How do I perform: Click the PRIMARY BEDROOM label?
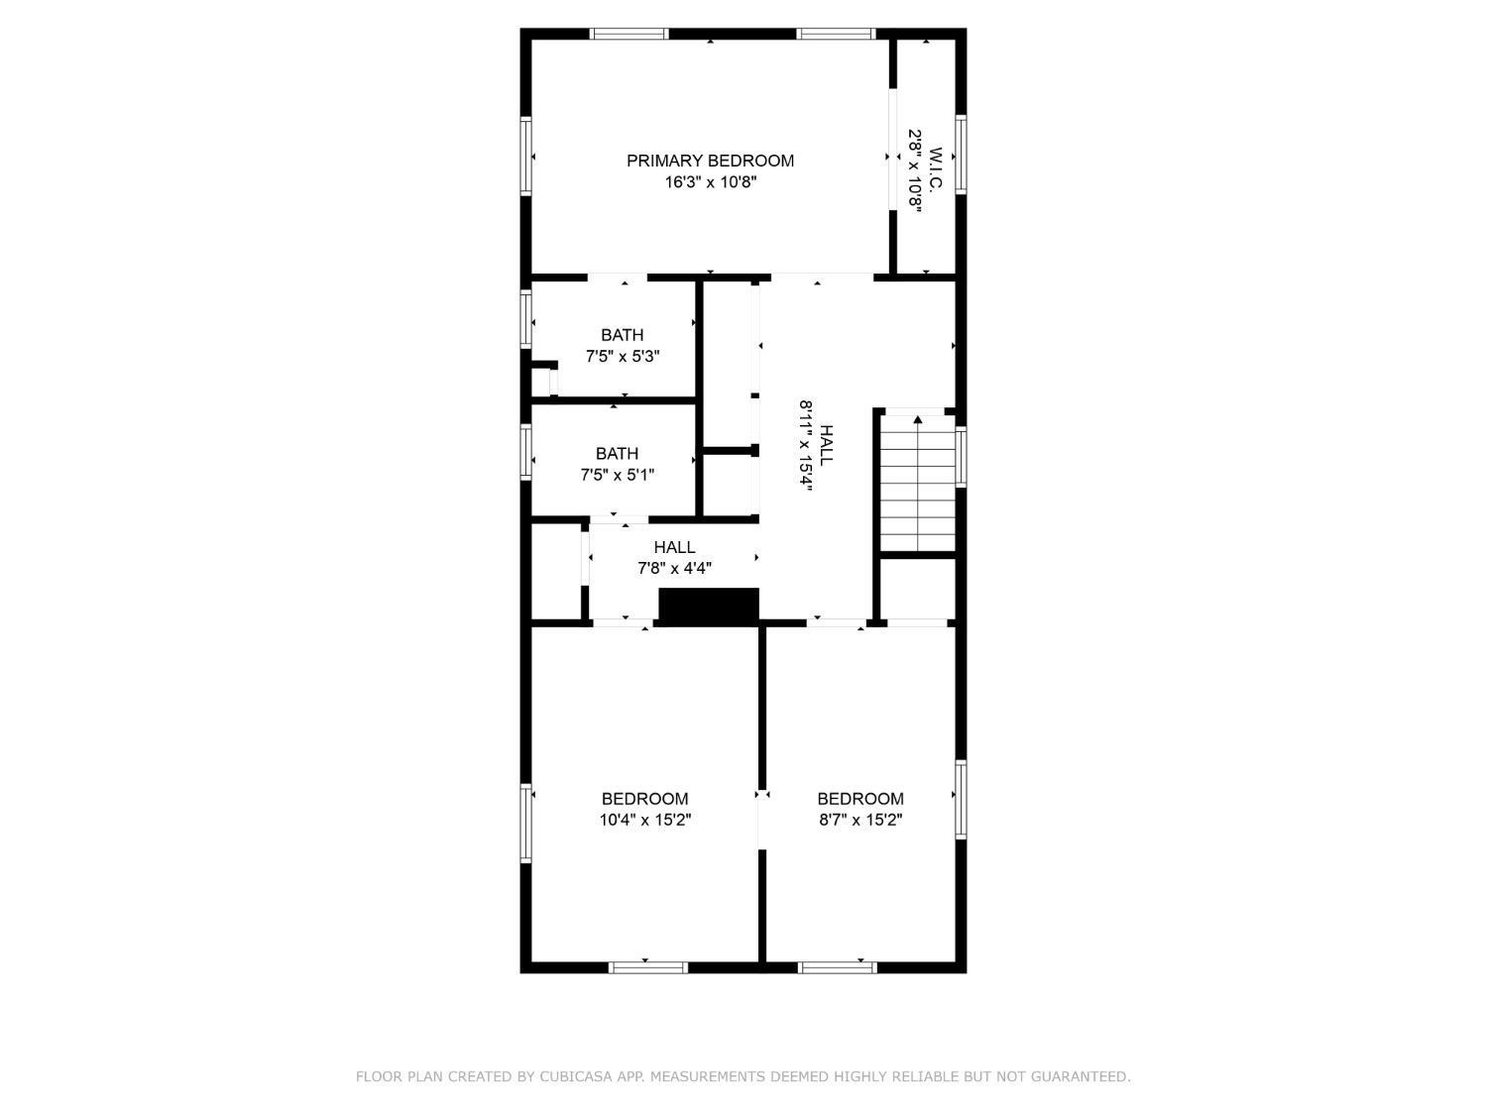coord(709,161)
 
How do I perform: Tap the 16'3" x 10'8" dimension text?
coord(710,182)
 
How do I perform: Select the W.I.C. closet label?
coord(936,170)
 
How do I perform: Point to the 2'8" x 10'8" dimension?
coord(915,171)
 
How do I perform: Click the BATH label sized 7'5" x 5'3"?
coord(622,335)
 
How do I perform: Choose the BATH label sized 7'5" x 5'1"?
coord(617,454)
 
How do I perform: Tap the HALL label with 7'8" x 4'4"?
coord(674,547)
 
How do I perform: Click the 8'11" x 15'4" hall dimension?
coord(806,446)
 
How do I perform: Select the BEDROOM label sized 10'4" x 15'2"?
coord(644,799)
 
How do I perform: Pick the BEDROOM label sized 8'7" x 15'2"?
coord(860,799)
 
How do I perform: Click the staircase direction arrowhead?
coord(917,419)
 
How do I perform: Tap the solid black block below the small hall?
coord(709,607)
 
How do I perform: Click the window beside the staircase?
coord(961,456)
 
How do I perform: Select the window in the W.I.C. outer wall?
coord(961,155)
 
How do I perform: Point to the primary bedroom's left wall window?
coord(525,156)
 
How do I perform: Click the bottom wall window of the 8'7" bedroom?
coord(838,967)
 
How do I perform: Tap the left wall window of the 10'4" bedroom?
coord(525,823)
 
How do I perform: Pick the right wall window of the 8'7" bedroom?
coord(961,800)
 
